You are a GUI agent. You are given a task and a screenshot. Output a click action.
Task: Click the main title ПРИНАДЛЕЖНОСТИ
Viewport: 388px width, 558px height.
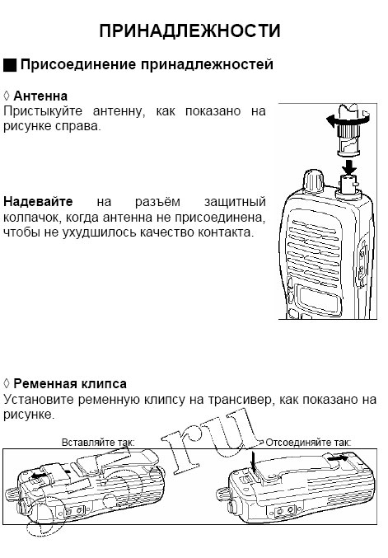[189, 31]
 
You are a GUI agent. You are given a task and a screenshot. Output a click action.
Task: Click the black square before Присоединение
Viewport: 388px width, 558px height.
[10, 64]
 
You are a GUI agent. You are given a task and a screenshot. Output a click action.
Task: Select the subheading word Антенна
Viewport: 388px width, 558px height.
[40, 96]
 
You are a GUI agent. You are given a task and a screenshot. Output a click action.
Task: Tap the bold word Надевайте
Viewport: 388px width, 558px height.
[38, 202]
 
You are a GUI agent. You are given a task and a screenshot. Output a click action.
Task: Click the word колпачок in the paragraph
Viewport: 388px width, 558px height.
[30, 217]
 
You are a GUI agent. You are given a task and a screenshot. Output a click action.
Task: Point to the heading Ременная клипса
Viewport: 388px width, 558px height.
[70, 383]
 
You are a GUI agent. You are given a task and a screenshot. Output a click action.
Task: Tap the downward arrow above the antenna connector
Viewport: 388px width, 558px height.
[349, 168]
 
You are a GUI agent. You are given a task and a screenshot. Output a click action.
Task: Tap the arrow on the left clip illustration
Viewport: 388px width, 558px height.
[40, 476]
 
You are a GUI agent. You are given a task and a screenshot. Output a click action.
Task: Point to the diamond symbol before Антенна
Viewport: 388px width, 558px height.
[7, 96]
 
